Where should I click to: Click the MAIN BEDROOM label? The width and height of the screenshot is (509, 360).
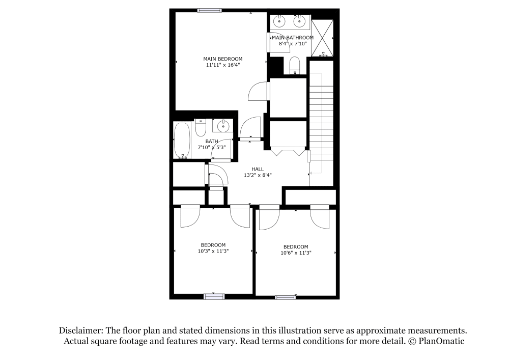click(x=222, y=59)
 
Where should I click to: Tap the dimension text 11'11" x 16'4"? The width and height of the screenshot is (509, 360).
click(x=222, y=65)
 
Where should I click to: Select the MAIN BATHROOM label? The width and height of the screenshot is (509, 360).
click(x=292, y=38)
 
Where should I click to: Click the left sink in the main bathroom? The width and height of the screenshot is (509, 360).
click(x=279, y=21)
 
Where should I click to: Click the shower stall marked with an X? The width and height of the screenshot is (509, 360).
click(x=322, y=38)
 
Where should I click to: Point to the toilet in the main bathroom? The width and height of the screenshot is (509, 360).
click(x=295, y=65)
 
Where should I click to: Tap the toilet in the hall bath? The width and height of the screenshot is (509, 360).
click(x=200, y=127)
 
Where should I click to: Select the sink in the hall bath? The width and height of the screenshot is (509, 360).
click(x=222, y=126)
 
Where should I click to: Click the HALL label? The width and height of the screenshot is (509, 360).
click(x=257, y=169)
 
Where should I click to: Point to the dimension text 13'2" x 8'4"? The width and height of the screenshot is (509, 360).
click(x=257, y=175)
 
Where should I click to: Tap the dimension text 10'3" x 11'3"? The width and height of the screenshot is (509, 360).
click(x=213, y=251)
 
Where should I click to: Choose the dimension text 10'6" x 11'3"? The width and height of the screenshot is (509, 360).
click(x=296, y=253)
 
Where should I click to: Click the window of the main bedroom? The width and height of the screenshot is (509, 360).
click(x=209, y=10)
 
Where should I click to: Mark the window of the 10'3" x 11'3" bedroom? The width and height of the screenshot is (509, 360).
click(x=214, y=296)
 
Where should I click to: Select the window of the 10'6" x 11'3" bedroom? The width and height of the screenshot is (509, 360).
click(x=285, y=297)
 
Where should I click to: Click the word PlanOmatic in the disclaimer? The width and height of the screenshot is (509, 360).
click(x=441, y=341)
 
